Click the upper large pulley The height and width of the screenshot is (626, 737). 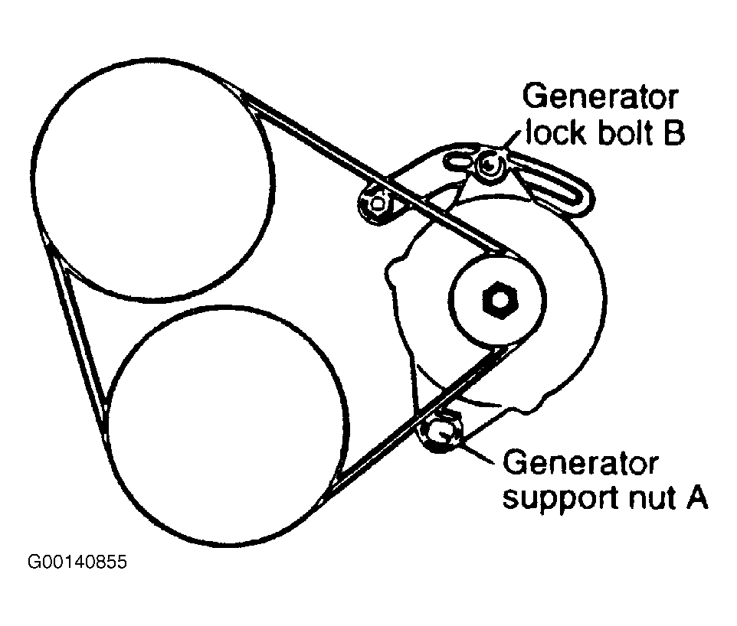tap(153, 180)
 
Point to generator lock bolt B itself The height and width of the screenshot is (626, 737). tap(488, 164)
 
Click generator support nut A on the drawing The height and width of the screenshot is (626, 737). tap(441, 434)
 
